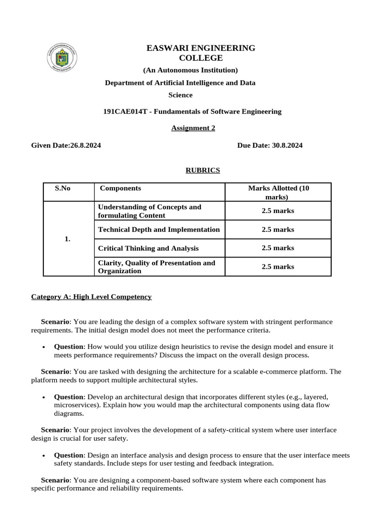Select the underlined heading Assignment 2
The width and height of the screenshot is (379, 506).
click(x=193, y=128)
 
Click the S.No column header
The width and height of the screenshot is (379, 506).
click(x=63, y=188)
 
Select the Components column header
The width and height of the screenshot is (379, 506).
click(x=120, y=188)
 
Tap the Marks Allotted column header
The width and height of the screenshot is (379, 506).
click(x=278, y=192)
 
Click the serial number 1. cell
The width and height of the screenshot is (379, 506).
click(x=68, y=239)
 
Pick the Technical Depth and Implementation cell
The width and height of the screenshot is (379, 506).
click(x=159, y=229)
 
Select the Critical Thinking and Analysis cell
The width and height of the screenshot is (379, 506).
click(x=149, y=248)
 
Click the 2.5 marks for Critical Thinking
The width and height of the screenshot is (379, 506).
click(x=278, y=248)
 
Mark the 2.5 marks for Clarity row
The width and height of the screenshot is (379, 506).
click(x=278, y=266)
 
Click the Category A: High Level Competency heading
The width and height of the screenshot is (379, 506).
click(x=91, y=296)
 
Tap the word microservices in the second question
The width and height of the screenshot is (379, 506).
click(x=75, y=405)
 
